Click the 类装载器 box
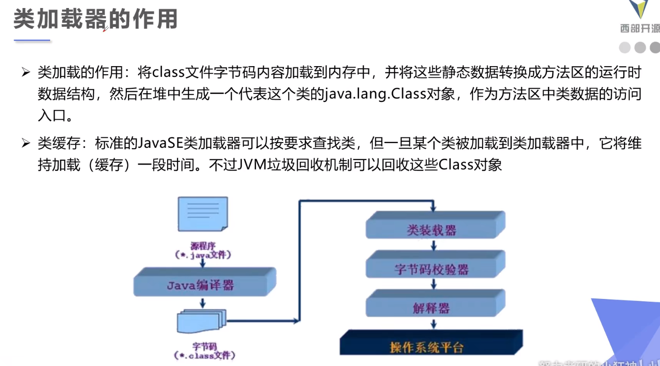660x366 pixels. pos(431,230)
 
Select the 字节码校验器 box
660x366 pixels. pos(431,269)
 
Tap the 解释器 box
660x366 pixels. pos(431,308)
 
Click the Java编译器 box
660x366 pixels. pos(201,285)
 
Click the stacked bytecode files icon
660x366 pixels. pos(201,322)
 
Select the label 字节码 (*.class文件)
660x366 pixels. pos(204,350)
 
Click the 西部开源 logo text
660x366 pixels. pos(640,29)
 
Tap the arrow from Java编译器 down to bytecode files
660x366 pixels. pos(202,303)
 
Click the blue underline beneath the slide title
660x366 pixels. pos(32,41)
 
